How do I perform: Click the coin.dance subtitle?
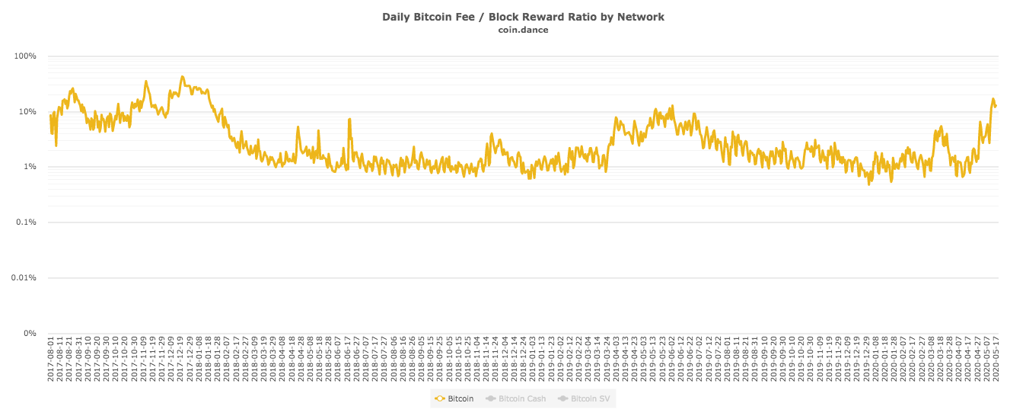pyautogui.click(x=523, y=30)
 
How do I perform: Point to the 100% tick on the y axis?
pyautogui.click(x=26, y=56)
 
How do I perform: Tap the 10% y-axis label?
pyautogui.click(x=27, y=112)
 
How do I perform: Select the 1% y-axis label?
pyautogui.click(x=29, y=167)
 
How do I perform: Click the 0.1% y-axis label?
pyautogui.click(x=26, y=222)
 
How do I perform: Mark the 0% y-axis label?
pyautogui.click(x=29, y=333)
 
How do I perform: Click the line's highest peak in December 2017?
pyautogui.click(x=182, y=77)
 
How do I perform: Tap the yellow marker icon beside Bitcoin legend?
pyautogui.click(x=439, y=398)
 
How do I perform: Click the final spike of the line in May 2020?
pyautogui.click(x=992, y=99)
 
